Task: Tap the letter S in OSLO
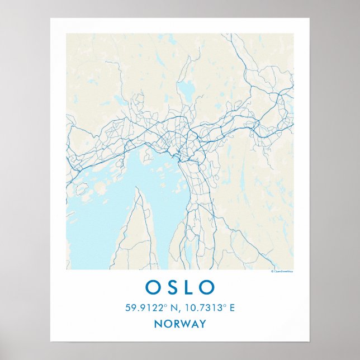click(172, 287)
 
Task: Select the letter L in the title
click(189, 287)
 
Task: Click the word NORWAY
click(179, 324)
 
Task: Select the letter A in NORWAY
click(195, 324)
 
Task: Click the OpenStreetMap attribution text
click(282, 271)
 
